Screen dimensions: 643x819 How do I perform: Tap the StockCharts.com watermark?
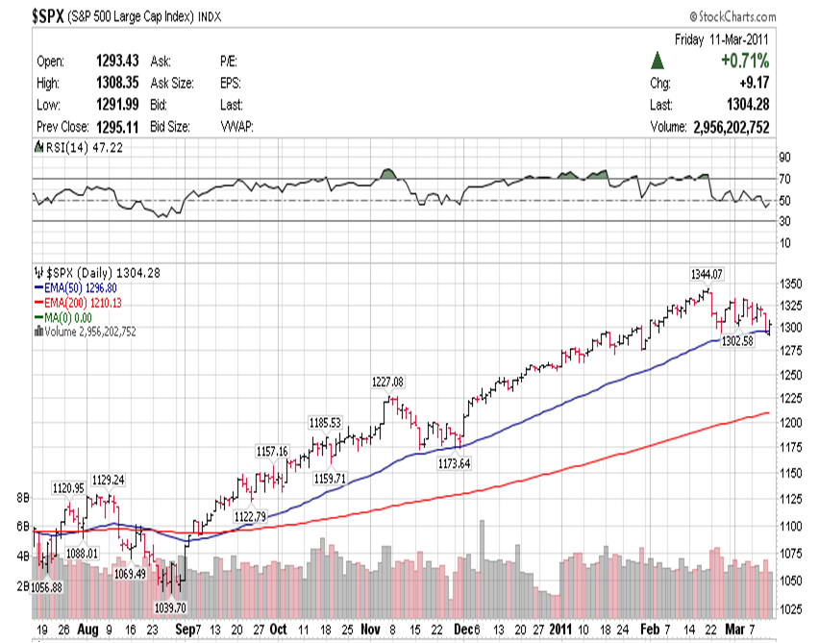click(x=731, y=17)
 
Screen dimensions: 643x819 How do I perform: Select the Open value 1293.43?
click(x=118, y=61)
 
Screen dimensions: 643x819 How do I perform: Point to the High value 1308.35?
click(x=118, y=83)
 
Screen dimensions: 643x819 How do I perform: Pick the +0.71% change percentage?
click(x=745, y=61)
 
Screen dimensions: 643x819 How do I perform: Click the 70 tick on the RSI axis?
click(x=784, y=179)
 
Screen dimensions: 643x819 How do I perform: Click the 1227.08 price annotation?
click(x=388, y=382)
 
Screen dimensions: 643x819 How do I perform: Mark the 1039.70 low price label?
click(x=171, y=607)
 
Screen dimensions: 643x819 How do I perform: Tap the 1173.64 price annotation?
click(x=454, y=464)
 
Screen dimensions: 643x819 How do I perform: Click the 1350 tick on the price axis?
click(x=793, y=284)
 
